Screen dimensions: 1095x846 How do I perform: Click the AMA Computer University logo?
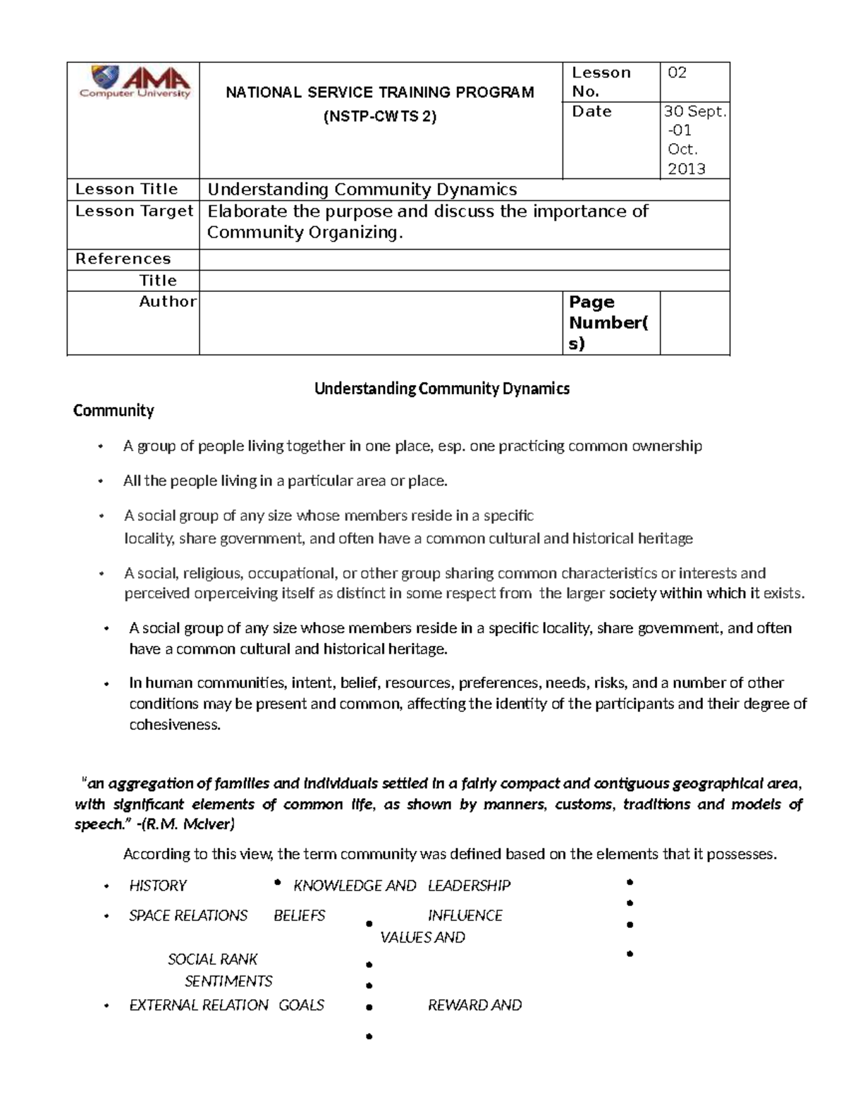[x=134, y=82]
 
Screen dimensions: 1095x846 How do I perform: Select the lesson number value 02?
[x=677, y=73]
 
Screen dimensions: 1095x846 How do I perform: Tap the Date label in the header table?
[x=591, y=111]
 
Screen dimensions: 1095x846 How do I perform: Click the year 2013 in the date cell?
[x=686, y=169]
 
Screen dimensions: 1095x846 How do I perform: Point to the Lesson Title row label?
[x=126, y=189]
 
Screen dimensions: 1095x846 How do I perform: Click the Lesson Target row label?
[x=134, y=211]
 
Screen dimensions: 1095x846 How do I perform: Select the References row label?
[x=123, y=259]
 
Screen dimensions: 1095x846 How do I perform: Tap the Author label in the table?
[x=168, y=301]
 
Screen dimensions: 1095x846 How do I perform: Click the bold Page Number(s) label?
[x=608, y=322]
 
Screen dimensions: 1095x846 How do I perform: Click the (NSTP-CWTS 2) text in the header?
[x=379, y=117]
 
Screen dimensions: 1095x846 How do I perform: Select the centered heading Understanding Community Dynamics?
[x=441, y=389]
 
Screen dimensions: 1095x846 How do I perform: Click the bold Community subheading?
[x=114, y=410]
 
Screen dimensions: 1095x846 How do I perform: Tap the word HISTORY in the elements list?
[x=158, y=886]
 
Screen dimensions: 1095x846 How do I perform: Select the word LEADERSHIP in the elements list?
[x=469, y=886]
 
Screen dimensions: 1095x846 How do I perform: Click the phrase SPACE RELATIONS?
[x=188, y=916]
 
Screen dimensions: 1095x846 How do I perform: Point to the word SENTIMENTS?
[x=228, y=981]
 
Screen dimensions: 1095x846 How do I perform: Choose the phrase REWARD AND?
[x=474, y=1005]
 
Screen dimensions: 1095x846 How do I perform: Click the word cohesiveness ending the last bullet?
[x=175, y=725]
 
